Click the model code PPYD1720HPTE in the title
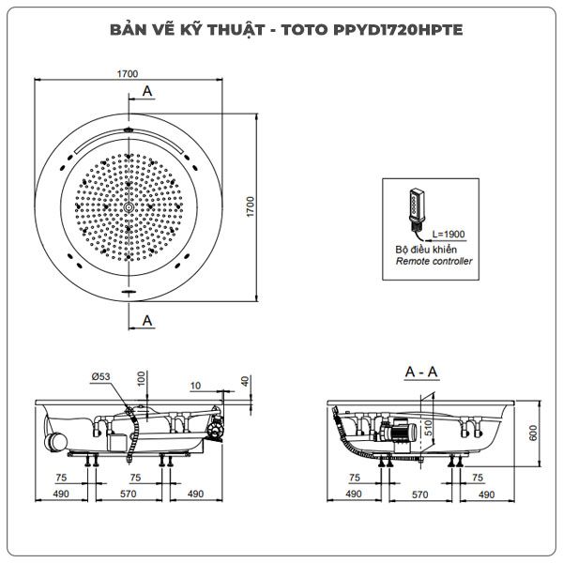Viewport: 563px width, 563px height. pos(398,30)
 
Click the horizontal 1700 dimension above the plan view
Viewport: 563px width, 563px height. pos(128,73)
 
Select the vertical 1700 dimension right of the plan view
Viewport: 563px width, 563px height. pos(251,206)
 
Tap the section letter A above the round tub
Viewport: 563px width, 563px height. pos(147,91)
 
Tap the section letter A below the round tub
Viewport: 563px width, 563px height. pos(147,320)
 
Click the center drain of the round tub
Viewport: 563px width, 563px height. pos(129,207)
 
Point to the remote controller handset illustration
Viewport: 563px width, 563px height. pos(418,210)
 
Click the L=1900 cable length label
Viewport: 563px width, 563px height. pos(449,234)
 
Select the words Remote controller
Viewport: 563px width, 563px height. pos(434,261)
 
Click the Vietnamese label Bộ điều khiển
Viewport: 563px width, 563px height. pos(426,250)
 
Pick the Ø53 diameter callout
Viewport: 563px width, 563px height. pos(100,376)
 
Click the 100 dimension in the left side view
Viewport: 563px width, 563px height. pos(142,378)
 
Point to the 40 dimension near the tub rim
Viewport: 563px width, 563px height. pos(245,381)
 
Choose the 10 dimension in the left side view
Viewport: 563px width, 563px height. pos(195,386)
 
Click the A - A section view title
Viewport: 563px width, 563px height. pos(421,372)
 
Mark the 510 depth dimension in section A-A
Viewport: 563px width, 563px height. pos(429,428)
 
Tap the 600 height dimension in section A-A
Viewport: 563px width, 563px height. pos(533,433)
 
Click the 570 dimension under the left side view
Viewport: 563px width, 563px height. pos(129,494)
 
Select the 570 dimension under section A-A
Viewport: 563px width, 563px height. pos(419,495)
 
